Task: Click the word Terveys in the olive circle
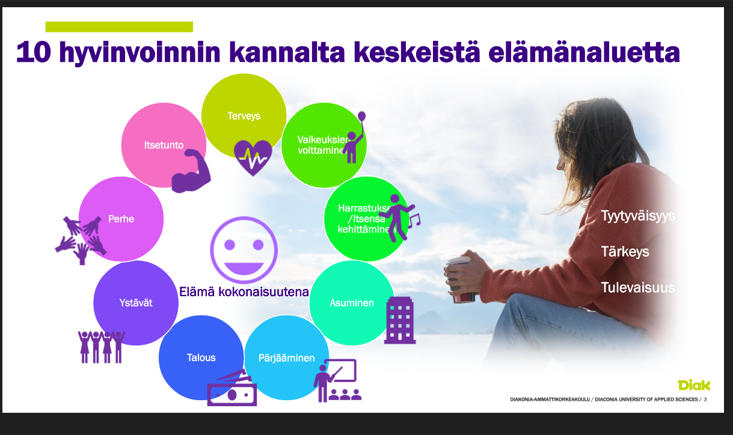tap(244, 116)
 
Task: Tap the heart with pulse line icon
tap(253, 157)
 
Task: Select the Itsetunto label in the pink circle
tap(164, 145)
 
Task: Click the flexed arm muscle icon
tap(191, 171)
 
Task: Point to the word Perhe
tap(121, 219)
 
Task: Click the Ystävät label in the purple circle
tap(136, 303)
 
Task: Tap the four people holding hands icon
tap(102, 347)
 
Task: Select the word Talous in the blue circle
tap(201, 357)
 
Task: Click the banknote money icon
tap(232, 388)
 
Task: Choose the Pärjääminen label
tap(286, 358)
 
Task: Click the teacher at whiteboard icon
tap(338, 380)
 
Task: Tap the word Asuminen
tap(352, 303)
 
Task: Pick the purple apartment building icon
tap(399, 320)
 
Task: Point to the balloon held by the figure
tap(361, 117)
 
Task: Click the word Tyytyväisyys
tap(638, 216)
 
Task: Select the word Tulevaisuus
tap(638, 287)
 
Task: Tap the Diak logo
tap(694, 385)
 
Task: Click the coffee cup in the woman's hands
tap(460, 279)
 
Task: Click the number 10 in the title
tap(34, 52)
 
